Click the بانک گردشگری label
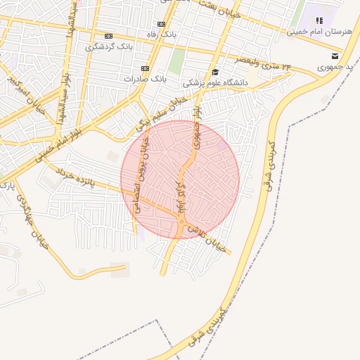click(x=109, y=47)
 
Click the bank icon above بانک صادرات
click(x=145, y=68)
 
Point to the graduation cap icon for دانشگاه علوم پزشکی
click(x=214, y=72)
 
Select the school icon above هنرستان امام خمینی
click(x=319, y=21)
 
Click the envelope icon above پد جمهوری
click(x=335, y=56)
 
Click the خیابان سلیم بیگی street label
click(x=162, y=117)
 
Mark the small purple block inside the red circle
click(x=222, y=146)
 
